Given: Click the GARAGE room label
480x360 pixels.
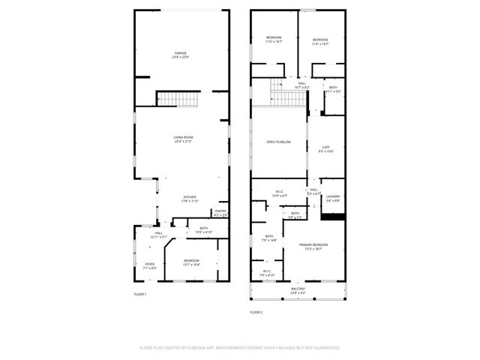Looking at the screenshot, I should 180,53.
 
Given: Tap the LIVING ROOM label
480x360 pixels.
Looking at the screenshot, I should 184,137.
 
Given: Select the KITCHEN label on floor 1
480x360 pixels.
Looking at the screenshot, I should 189,198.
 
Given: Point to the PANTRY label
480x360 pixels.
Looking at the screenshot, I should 220,211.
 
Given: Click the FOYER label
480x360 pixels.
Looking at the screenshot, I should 150,264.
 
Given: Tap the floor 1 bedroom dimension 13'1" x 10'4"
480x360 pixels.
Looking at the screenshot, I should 191,265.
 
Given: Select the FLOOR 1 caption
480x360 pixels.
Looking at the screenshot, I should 140,294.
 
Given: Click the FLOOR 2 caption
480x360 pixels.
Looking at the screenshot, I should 256,311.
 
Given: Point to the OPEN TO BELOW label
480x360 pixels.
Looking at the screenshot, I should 278,141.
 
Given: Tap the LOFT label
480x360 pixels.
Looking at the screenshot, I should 326,147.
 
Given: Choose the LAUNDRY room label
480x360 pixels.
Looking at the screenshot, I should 332,197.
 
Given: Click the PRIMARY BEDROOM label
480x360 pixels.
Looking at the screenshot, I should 313,245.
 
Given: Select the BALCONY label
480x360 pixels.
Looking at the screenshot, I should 298,289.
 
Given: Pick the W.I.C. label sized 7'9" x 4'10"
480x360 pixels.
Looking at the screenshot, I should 267,271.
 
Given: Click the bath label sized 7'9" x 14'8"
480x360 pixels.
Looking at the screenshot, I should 268,238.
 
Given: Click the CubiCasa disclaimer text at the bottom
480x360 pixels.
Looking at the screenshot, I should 240,347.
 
